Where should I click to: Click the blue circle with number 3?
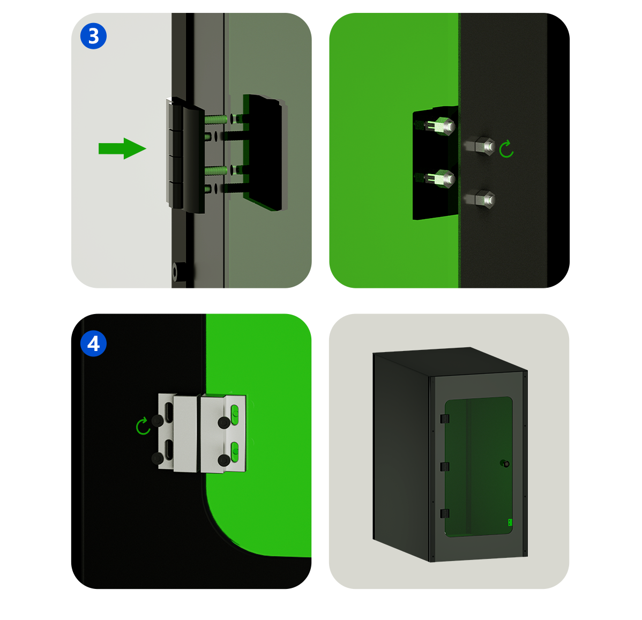[93, 36]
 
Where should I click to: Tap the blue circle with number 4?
[93, 343]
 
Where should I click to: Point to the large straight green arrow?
[122, 148]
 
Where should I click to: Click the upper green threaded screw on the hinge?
[215, 119]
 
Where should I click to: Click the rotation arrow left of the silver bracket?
[143, 427]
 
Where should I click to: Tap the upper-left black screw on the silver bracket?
[158, 421]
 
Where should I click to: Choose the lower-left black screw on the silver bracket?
[158, 458]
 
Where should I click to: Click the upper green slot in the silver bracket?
[235, 414]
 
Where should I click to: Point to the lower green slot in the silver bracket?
[235, 452]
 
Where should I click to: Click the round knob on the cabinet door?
[505, 464]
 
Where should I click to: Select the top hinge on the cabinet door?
[445, 419]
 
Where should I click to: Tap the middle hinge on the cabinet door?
[445, 466]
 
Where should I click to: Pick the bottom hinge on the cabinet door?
[445, 513]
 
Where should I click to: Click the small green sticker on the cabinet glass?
[510, 522]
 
